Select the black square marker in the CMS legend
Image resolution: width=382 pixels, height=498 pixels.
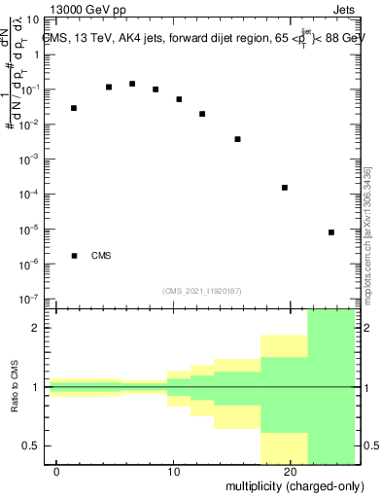pyautogui.click(x=74, y=256)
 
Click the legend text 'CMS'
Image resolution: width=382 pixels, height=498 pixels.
pyautogui.click(x=101, y=256)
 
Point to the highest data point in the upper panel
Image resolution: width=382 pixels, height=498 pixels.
pyautogui.click(x=132, y=84)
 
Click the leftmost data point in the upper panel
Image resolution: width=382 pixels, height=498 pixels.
pyautogui.click(x=74, y=108)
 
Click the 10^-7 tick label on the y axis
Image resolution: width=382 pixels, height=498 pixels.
pyautogui.click(x=30, y=300)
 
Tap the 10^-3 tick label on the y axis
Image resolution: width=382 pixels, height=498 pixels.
pyautogui.click(x=30, y=159)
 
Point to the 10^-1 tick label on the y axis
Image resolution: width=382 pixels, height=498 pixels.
pyautogui.click(x=30, y=89)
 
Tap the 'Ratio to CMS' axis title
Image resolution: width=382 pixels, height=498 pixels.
pyautogui.click(x=14, y=387)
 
